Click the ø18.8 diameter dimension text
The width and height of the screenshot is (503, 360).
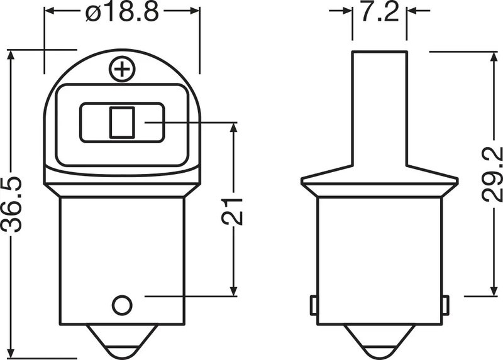click(x=123, y=13)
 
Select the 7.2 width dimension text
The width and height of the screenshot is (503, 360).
click(x=379, y=13)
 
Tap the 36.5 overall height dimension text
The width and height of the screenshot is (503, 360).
click(x=13, y=205)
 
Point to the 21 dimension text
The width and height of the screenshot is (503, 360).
click(x=233, y=210)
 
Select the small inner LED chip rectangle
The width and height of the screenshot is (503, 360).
click(x=122, y=123)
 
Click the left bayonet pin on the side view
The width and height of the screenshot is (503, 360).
click(x=312, y=305)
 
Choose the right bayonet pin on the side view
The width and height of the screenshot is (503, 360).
click(x=445, y=305)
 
